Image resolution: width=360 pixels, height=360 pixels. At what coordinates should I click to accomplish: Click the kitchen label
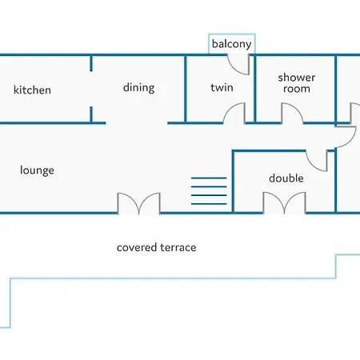pyautogui.click(x=32, y=90)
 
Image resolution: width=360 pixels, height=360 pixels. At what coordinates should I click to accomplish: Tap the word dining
pyautogui.click(x=138, y=88)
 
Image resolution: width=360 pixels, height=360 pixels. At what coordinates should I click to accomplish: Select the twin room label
pyautogui.click(x=222, y=87)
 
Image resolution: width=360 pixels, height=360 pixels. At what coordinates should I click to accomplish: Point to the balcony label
pyautogui.click(x=231, y=44)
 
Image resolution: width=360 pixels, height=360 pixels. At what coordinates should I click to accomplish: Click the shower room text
pyautogui.click(x=297, y=83)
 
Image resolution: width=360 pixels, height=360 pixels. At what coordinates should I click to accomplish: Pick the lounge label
pyautogui.click(x=37, y=170)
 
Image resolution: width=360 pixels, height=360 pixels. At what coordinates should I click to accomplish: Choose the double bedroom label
pyautogui.click(x=286, y=178)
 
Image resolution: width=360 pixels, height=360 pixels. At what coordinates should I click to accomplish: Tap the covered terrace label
pyautogui.click(x=157, y=247)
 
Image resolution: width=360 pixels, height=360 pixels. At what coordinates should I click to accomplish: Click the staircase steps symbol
pyautogui.click(x=209, y=191)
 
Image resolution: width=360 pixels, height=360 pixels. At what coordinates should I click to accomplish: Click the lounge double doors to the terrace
pyautogui.click(x=139, y=203)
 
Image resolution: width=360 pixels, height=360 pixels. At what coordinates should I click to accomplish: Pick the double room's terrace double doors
pyautogui.click(x=284, y=203)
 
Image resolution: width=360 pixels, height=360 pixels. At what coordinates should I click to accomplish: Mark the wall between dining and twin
pyautogui.click(x=186, y=89)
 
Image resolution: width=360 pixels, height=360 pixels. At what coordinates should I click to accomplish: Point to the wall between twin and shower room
pyautogui.click(x=255, y=89)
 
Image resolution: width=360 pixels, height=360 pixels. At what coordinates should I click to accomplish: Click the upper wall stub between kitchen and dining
pyautogui.click(x=91, y=63)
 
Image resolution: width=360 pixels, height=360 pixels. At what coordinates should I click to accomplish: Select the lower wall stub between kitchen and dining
pyautogui.click(x=91, y=114)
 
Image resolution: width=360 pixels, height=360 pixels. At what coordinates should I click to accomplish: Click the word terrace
pyautogui.click(x=178, y=248)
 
